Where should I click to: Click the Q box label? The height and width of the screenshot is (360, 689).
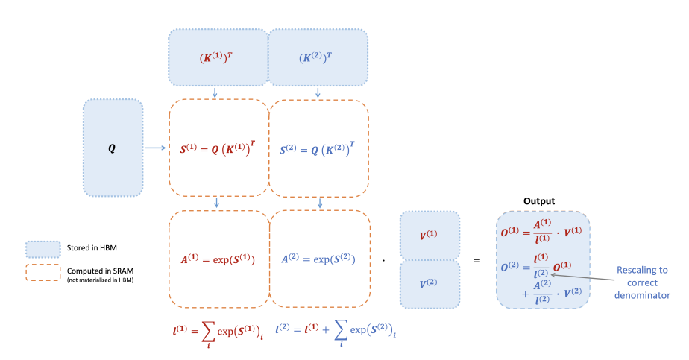point(112,148)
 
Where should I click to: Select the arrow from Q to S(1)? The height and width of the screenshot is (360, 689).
point(155,148)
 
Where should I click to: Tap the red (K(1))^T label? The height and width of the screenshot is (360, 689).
point(216,57)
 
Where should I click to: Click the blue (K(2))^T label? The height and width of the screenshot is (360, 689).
point(315,57)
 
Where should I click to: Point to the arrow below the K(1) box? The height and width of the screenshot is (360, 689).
point(215,92)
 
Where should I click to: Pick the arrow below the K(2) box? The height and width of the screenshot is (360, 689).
point(318,92)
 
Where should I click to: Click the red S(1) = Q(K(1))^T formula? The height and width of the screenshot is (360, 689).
point(218,148)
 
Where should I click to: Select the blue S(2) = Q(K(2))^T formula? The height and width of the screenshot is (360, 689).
point(317,149)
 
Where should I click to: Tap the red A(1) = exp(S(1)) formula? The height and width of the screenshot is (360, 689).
point(218,259)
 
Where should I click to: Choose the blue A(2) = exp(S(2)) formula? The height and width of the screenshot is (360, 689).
point(318,259)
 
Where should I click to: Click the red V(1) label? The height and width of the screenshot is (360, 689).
point(428,235)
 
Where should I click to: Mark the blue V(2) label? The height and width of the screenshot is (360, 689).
point(428,283)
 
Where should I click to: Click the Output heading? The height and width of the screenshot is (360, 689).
point(539,201)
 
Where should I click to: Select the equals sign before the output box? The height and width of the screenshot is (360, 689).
point(476,260)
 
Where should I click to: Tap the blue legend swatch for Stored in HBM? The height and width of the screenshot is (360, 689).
point(43,250)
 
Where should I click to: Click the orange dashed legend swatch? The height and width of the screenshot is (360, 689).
point(43,272)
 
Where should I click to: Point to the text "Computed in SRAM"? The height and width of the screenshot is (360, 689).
point(100,271)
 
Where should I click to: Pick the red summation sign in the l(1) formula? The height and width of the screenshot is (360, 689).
point(208,332)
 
